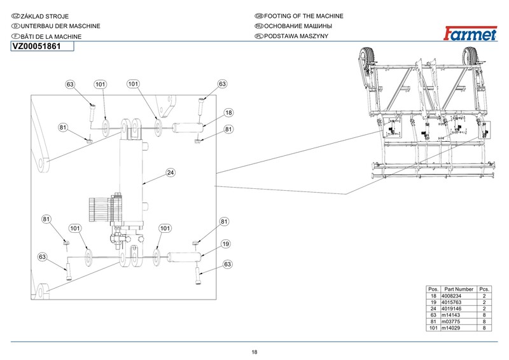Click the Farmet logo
point(470,33)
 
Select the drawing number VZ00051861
point(37,46)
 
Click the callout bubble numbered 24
point(171,173)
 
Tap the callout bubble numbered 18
point(228,113)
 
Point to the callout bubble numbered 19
point(226,244)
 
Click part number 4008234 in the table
point(451,296)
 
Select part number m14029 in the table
point(450,328)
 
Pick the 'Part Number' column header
point(459,289)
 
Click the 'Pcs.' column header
point(484,289)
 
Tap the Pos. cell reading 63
point(433,315)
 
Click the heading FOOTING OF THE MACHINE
point(303,16)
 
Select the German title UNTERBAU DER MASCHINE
point(60,26)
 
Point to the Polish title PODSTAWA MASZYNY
point(296,36)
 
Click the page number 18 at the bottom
point(254,352)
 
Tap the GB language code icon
point(259,16)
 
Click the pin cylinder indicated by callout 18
point(188,128)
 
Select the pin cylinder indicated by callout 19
point(185,257)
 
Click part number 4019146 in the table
point(451,308)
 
